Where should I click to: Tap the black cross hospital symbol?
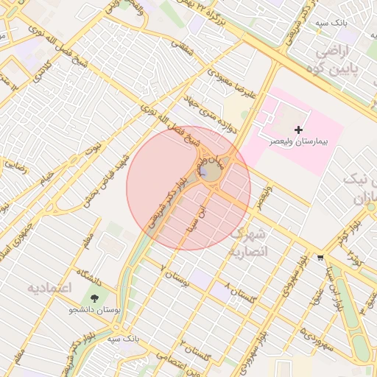coord(298,130)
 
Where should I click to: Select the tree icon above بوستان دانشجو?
coord(94,298)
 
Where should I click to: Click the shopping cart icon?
coord(320,258)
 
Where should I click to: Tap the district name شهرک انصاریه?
coord(250,242)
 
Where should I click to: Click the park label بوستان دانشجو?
coord(94,310)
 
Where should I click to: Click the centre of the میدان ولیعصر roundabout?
coord(208,172)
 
